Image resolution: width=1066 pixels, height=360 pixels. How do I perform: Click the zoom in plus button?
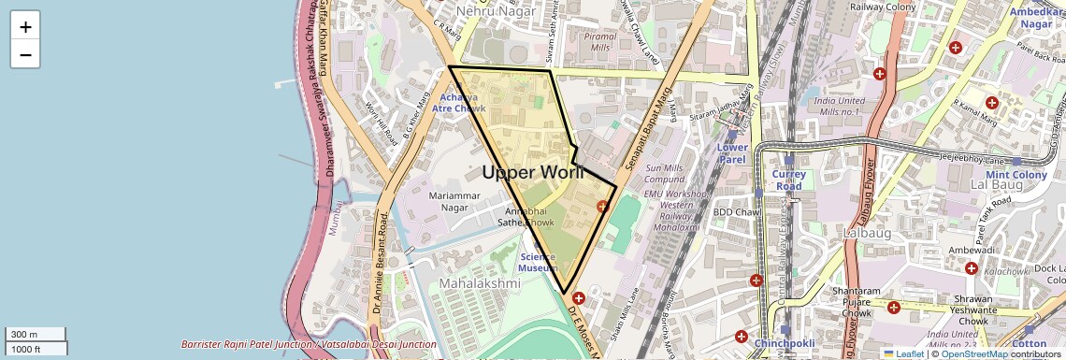click(25, 27)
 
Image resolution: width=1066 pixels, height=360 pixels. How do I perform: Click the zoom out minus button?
click(25, 55)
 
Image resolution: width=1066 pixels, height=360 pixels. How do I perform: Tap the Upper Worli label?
click(533, 172)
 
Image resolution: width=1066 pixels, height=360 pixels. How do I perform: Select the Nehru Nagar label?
click(496, 11)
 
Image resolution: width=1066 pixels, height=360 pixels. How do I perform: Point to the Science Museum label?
click(538, 262)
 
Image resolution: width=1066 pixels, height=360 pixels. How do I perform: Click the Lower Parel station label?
click(732, 153)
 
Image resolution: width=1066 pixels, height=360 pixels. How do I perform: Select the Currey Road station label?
click(788, 180)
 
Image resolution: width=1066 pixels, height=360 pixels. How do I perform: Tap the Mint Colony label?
click(1016, 175)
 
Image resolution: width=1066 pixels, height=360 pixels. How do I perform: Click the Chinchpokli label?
click(786, 344)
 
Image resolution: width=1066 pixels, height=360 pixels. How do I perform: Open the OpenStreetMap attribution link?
click(973, 353)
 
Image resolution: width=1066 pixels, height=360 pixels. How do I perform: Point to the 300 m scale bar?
click(36, 335)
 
